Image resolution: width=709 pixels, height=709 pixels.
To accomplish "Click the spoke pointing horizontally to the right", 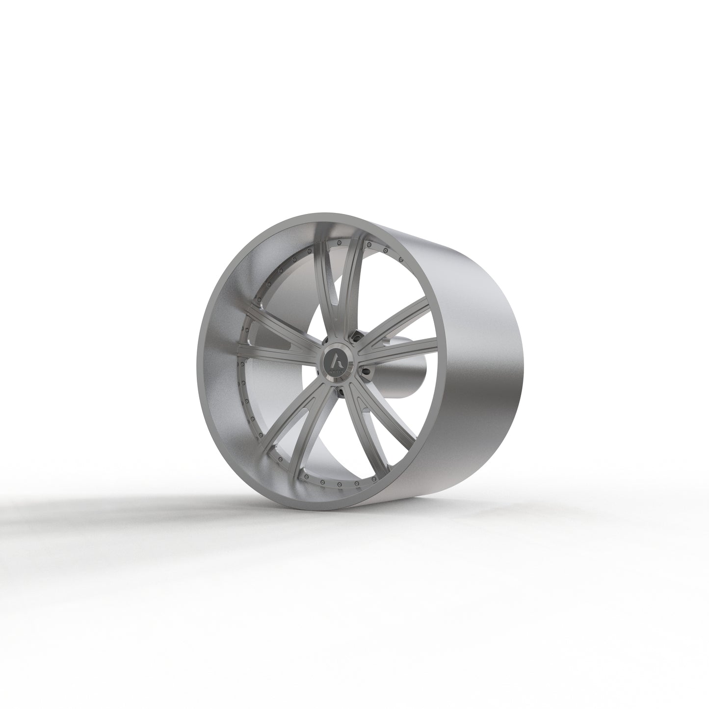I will [x=397, y=346].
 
